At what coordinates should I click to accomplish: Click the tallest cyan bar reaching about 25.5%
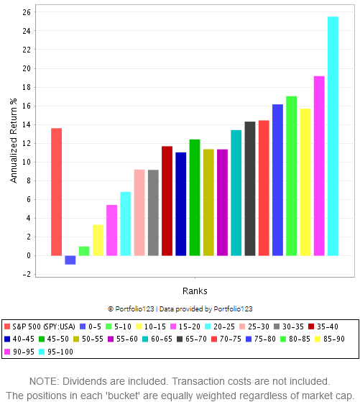point(333,136)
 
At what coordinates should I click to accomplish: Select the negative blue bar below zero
point(70,260)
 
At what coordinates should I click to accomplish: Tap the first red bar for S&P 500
point(56,191)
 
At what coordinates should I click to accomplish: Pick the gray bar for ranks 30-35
point(153,212)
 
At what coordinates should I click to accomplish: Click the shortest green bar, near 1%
point(84,251)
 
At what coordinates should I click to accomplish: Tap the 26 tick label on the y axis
point(27,13)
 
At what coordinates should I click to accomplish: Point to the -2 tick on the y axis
point(27,274)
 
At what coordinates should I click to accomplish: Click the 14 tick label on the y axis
point(27,124)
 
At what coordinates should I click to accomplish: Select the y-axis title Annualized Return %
point(13,144)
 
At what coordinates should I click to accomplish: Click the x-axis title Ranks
point(194,291)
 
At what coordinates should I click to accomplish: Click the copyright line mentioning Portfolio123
point(180,309)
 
